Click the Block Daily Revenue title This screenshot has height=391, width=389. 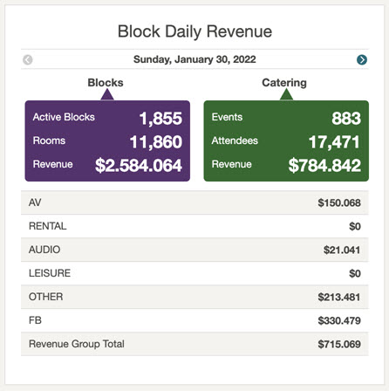click(x=194, y=31)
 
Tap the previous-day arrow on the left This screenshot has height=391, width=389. click(x=28, y=60)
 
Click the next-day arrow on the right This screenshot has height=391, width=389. click(x=362, y=60)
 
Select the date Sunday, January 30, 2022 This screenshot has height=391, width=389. click(x=194, y=60)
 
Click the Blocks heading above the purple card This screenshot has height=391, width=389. click(x=106, y=83)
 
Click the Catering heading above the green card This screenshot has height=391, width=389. click(x=284, y=83)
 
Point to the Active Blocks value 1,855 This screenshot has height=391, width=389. click(x=160, y=119)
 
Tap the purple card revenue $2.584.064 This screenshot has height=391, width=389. click(x=139, y=166)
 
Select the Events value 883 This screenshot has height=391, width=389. click(x=345, y=119)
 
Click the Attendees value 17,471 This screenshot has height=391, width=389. click(x=334, y=142)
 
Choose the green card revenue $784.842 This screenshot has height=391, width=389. click(x=324, y=166)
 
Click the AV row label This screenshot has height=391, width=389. click(x=35, y=202)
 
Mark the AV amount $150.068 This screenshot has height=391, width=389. click(x=339, y=202)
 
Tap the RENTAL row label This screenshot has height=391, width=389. click(x=47, y=226)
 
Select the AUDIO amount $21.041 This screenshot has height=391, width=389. click(x=342, y=250)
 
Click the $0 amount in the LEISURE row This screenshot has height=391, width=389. click(x=354, y=273)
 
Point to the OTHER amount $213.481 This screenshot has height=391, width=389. click(x=339, y=297)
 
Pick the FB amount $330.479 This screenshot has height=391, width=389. click(x=339, y=320)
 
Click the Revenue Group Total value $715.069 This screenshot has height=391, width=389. click(x=339, y=344)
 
